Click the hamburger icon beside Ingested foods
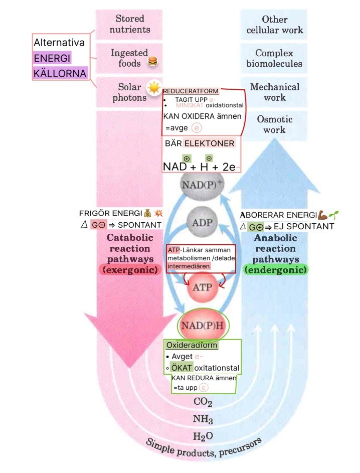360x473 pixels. [153, 62]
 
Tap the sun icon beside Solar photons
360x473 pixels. [153, 88]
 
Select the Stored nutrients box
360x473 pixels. [129, 24]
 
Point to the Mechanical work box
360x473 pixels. [274, 92]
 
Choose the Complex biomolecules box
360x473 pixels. [274, 58]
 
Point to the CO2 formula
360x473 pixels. [203, 402]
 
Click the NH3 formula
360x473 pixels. [203, 419]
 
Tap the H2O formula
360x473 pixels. [203, 436]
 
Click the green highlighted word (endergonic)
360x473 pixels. [276, 269]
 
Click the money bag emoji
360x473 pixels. [147, 213]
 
